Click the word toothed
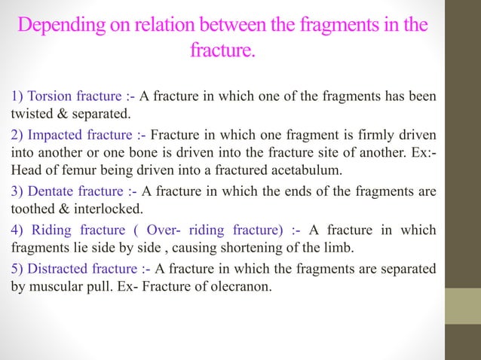point(29,208)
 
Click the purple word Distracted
point(55,270)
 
